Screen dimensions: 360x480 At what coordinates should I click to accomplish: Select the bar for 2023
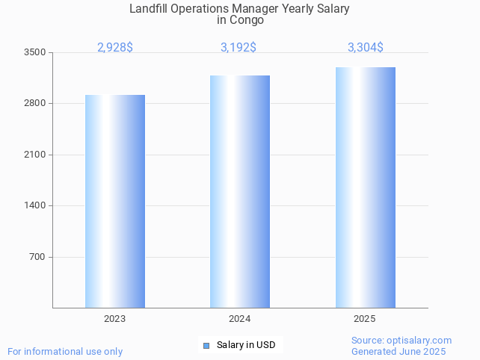(115, 201)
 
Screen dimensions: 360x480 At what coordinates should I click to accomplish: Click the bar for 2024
(240, 191)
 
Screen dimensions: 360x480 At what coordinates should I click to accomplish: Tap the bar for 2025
(365, 187)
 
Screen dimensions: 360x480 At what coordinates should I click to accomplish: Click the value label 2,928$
(115, 48)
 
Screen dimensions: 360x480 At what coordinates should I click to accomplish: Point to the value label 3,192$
(239, 48)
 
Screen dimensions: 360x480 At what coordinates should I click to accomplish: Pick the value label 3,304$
(366, 48)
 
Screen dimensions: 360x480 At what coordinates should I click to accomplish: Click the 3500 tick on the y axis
(34, 52)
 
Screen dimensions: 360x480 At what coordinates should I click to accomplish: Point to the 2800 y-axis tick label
(34, 103)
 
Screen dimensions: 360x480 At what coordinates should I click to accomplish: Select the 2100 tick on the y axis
(34, 155)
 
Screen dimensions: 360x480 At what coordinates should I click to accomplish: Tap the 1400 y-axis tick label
(34, 205)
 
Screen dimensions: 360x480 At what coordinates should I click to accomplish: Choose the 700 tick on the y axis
(37, 257)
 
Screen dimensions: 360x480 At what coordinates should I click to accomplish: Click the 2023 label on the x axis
(115, 319)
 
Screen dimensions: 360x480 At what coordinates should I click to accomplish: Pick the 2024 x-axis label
(240, 319)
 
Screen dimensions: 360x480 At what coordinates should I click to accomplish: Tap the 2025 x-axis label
(365, 319)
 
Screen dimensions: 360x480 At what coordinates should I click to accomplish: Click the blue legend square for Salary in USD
(206, 345)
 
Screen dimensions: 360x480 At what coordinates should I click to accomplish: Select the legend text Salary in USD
(246, 345)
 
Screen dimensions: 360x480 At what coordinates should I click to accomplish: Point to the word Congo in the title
(247, 20)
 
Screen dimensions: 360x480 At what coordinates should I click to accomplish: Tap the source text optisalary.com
(420, 340)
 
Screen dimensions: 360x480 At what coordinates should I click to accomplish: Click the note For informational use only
(65, 351)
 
